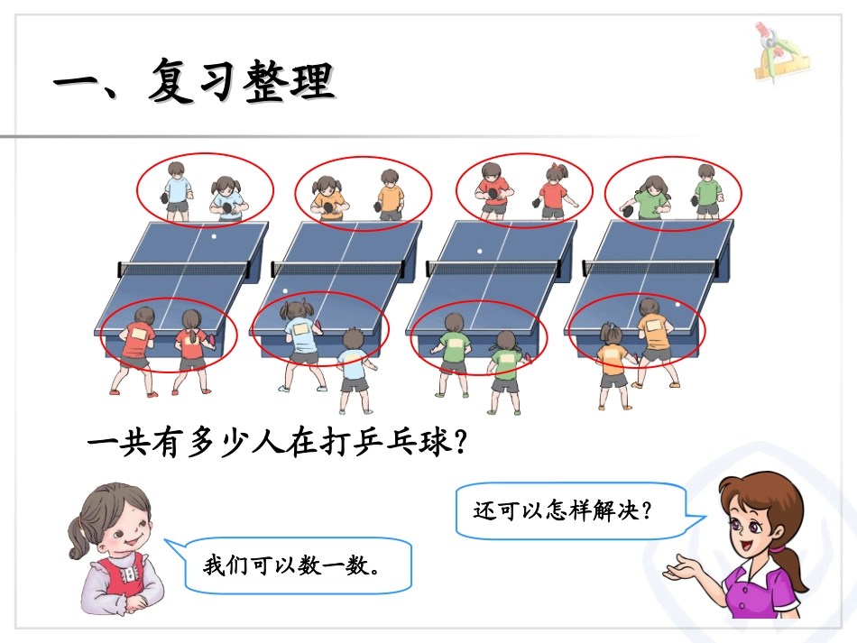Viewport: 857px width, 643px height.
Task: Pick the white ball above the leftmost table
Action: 213,236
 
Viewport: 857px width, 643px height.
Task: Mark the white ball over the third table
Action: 480,251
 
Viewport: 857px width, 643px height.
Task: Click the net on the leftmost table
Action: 184,268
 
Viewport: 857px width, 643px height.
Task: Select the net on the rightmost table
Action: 651,267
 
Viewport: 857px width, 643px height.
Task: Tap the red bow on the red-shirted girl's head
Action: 559,169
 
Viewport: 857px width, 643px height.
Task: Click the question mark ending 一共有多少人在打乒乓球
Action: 460,442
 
